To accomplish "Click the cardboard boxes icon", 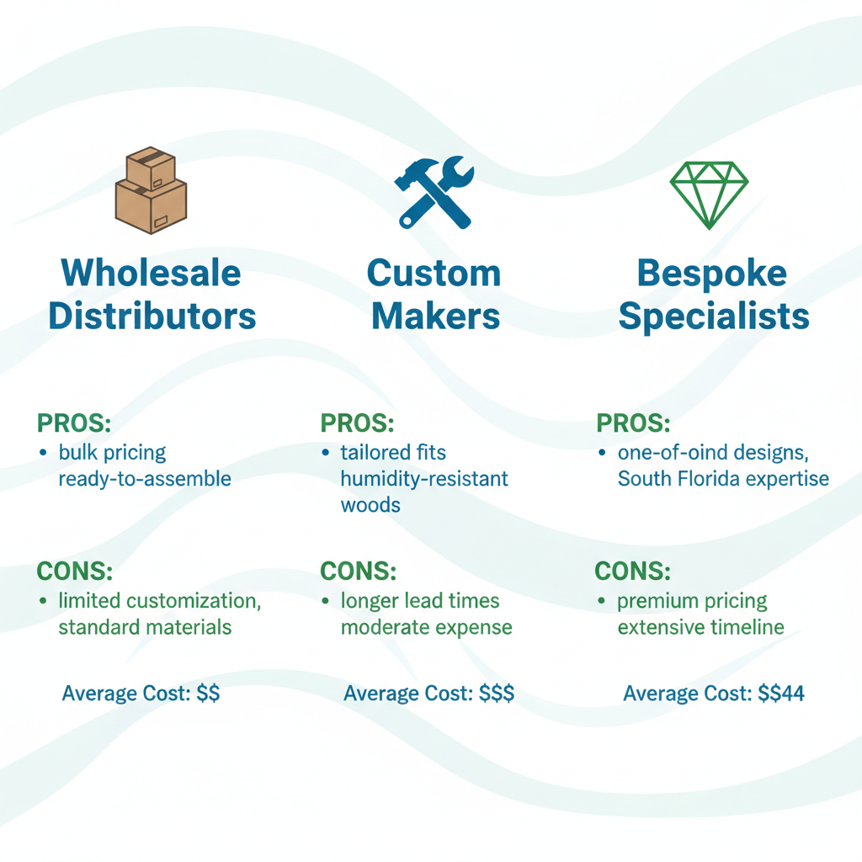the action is (x=151, y=190).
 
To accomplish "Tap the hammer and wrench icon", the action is (x=434, y=192).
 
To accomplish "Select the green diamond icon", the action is (x=710, y=194).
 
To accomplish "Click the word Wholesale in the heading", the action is (x=152, y=273).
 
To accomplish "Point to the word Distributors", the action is (x=152, y=316).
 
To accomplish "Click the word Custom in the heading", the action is (x=434, y=273).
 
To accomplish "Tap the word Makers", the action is (x=435, y=316).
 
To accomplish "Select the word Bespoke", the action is (x=712, y=273).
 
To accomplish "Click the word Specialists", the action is (x=713, y=316).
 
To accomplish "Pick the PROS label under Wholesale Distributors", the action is (x=75, y=422).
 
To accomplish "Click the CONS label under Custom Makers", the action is (x=359, y=571).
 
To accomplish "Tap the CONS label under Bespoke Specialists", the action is (x=633, y=571).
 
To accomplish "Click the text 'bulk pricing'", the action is (x=113, y=452).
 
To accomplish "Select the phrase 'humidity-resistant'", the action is (x=424, y=479).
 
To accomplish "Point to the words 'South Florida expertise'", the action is (x=723, y=479).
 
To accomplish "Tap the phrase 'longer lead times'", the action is (x=420, y=601).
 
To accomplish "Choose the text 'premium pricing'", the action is (x=692, y=601).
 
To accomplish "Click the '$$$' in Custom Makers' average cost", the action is (x=497, y=694).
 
